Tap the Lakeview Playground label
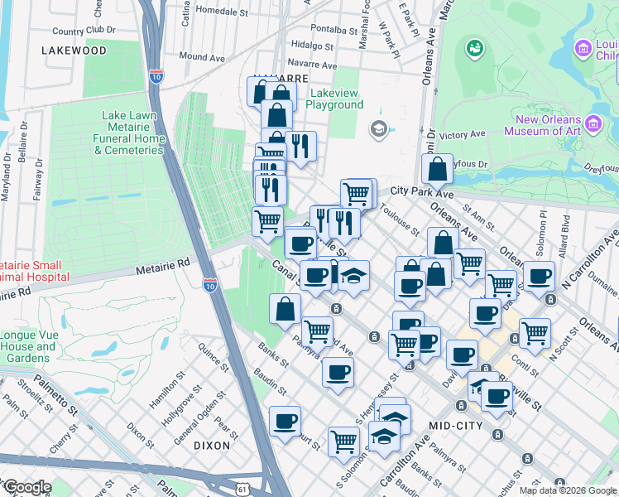click(x=334, y=99)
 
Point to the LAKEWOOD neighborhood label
click(x=74, y=51)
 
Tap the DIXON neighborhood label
click(x=212, y=445)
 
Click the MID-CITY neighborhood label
click(x=456, y=425)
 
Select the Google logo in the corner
click(x=26, y=487)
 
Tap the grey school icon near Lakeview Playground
click(x=378, y=128)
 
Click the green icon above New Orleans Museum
click(x=474, y=49)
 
